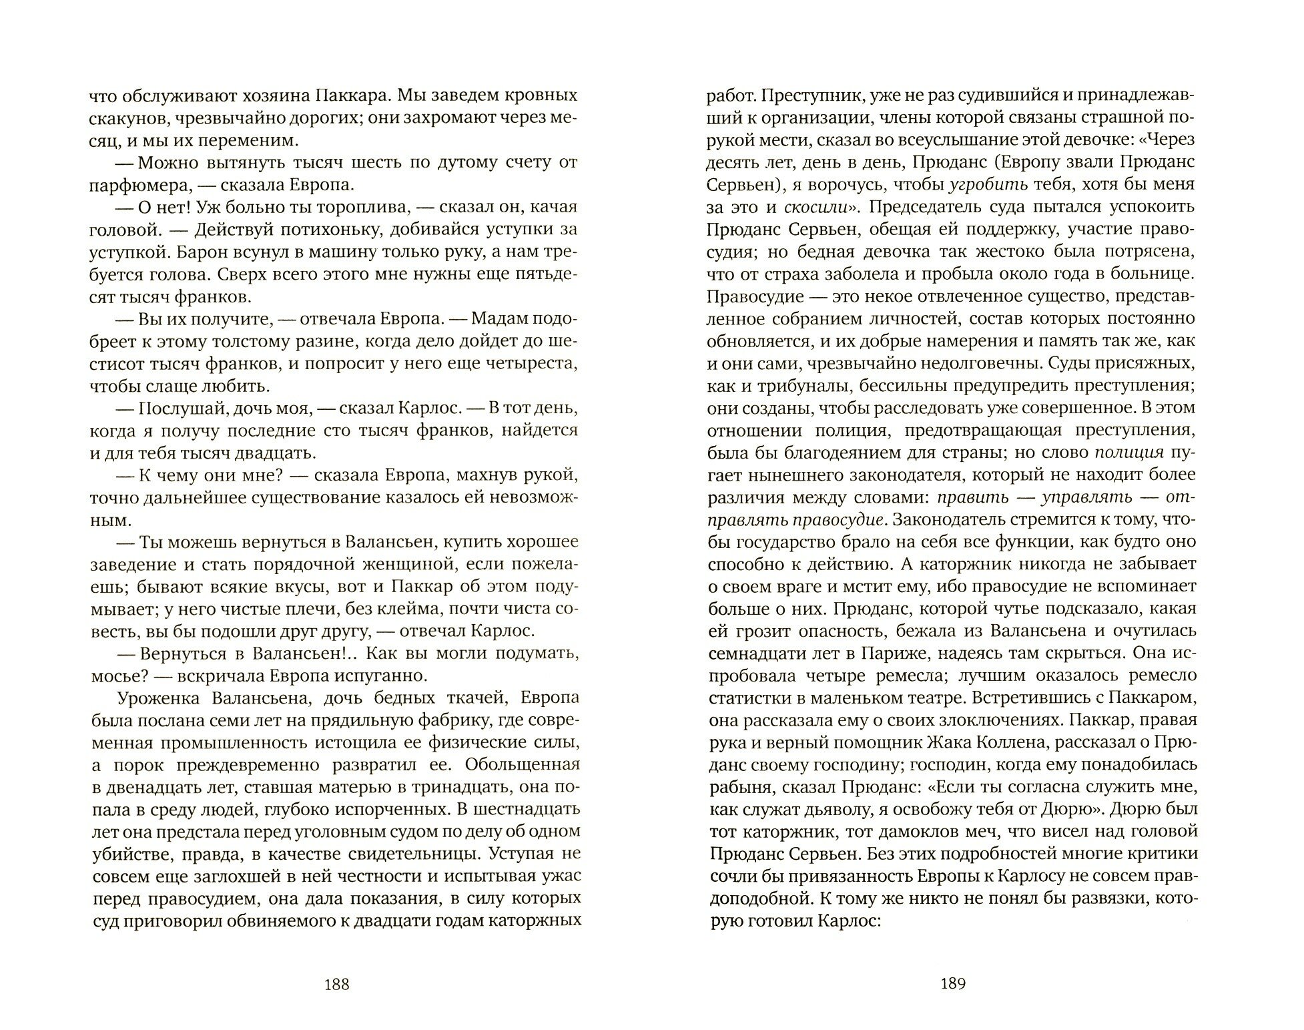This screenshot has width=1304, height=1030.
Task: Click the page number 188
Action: click(x=336, y=984)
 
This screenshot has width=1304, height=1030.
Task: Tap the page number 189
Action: click(x=952, y=984)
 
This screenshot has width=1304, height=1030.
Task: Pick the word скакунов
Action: click(x=121, y=118)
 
